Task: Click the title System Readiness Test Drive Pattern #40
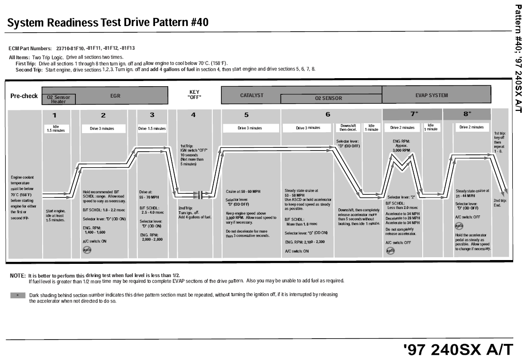108,22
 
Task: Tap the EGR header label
115,95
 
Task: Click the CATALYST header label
252,95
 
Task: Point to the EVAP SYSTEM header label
431,95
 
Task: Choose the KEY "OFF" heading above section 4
194,95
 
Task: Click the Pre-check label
24,96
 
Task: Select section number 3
152,115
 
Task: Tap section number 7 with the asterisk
414,115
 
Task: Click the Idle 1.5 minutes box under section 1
56,128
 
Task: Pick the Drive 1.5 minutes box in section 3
152,128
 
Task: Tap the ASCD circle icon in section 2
87,250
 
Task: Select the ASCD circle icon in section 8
459,226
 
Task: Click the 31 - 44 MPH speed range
465,196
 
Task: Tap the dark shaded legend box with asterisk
18,295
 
